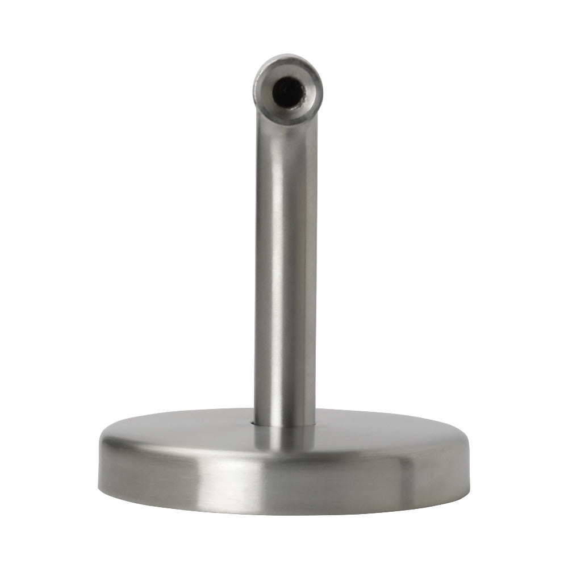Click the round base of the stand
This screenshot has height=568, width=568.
point(284,466)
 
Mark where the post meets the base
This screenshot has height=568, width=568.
point(285,425)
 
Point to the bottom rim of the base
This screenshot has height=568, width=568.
point(284,512)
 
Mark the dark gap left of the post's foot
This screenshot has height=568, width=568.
point(252,423)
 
